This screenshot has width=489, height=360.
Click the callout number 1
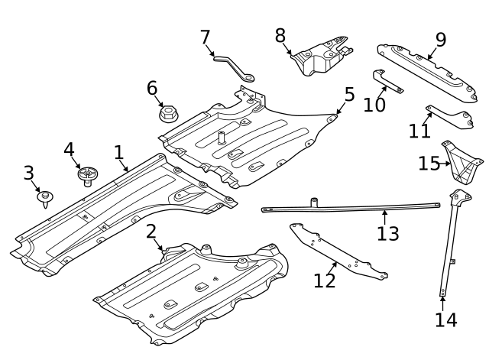click(x=119, y=153)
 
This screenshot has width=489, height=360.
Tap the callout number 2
click(x=151, y=232)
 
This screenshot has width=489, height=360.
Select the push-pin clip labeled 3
click(x=46, y=199)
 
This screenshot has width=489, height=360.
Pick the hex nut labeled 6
click(x=169, y=115)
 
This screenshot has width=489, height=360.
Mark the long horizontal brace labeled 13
click(x=351, y=207)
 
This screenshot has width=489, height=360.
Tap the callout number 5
click(x=349, y=95)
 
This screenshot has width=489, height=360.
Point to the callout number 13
click(x=388, y=233)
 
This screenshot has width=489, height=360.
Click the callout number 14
click(x=445, y=319)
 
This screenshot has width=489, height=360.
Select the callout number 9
click(x=441, y=39)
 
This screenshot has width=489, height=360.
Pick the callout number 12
click(x=325, y=281)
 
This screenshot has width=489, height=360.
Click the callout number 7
click(x=205, y=37)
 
